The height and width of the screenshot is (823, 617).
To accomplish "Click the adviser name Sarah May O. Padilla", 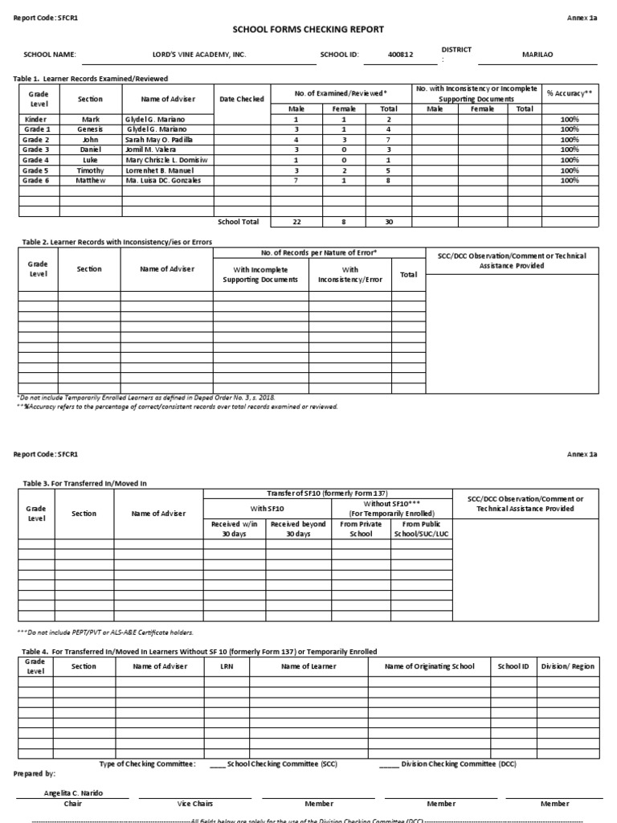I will [x=161, y=139].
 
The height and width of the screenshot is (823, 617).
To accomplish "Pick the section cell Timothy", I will [x=91, y=170].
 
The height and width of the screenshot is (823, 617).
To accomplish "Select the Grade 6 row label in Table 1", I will [x=36, y=181].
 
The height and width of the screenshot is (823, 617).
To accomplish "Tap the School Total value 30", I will [x=389, y=222].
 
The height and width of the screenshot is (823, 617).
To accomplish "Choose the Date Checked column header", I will [x=242, y=99].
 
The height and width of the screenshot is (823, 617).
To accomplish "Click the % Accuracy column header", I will [x=570, y=93].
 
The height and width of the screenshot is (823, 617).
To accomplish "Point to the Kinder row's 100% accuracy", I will [x=570, y=119].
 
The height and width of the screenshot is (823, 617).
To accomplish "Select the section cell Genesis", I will [x=91, y=129].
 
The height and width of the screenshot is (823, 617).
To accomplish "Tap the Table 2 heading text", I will [x=112, y=241].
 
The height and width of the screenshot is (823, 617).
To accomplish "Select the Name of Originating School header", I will [x=430, y=666].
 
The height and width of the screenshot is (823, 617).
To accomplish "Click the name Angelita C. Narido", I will [x=73, y=792].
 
